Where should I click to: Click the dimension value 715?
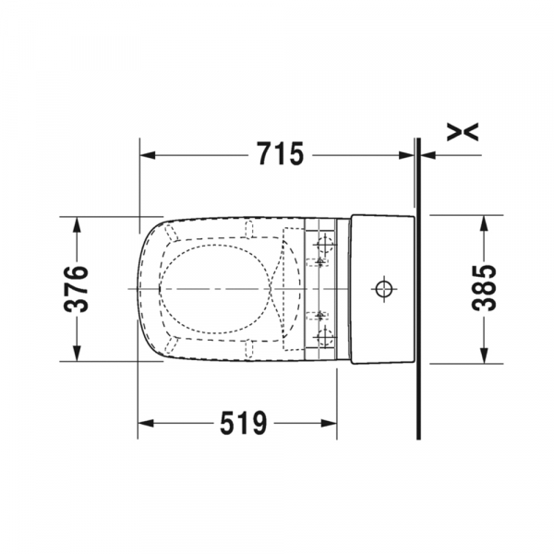pyautogui.click(x=280, y=154)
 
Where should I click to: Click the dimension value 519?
pyautogui.click(x=244, y=423)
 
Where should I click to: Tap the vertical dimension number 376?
pyautogui.click(x=76, y=289)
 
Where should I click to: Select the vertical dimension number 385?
pyautogui.click(x=484, y=288)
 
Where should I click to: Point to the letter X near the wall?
pyautogui.click(x=463, y=132)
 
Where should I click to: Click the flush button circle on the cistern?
pyautogui.click(x=384, y=289)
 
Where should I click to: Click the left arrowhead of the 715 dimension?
pyautogui.click(x=148, y=155)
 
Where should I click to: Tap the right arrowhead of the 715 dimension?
pyautogui.click(x=406, y=155)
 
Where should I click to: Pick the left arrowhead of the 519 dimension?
pyautogui.click(x=146, y=423)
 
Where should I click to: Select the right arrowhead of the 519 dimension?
pyautogui.click(x=329, y=423)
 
